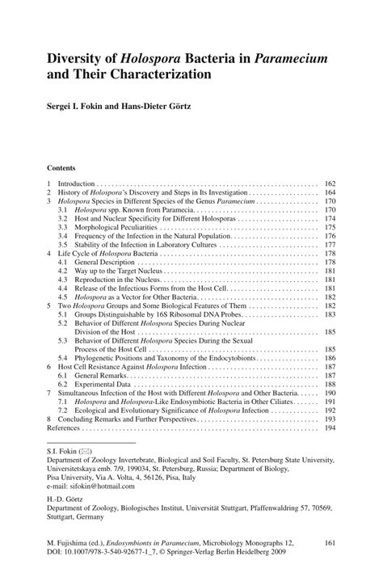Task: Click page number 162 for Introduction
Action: pos(330,184)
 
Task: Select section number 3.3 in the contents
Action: pos(63,229)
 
